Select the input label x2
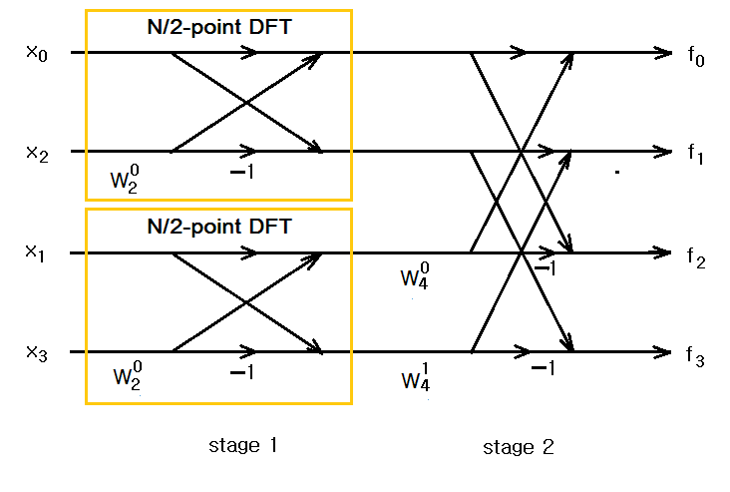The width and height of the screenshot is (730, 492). [36, 153]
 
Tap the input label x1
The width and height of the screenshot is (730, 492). [36, 253]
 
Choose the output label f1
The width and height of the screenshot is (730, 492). [696, 157]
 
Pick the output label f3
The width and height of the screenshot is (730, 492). [696, 357]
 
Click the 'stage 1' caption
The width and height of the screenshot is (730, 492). [243, 445]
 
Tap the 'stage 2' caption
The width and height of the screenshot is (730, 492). [519, 447]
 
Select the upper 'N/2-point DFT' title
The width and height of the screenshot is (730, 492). [218, 28]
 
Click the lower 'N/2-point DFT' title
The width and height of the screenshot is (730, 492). [218, 227]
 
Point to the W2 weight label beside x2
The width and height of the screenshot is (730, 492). [129, 179]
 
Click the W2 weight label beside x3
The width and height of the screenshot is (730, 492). [129, 377]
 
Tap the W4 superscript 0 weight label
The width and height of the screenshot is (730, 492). [415, 276]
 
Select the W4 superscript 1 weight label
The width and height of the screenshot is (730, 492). [415, 377]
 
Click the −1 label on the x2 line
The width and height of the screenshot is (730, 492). [242, 173]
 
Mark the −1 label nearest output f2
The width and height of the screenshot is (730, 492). [544, 268]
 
